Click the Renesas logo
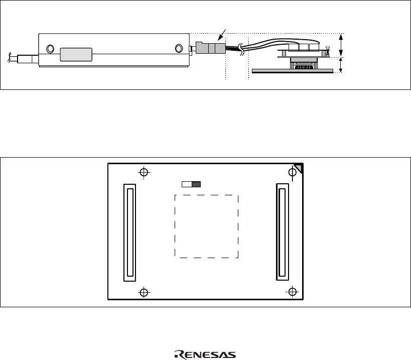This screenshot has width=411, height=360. (x=205, y=355)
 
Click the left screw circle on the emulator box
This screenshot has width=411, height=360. (x=50, y=49)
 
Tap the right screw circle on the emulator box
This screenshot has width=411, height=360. (x=179, y=48)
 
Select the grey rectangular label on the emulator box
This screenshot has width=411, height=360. (x=76, y=55)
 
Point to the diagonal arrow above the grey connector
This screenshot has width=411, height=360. (x=221, y=35)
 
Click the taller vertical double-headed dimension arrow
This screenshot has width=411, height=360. (x=341, y=45)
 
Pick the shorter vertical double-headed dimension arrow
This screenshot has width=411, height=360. (x=341, y=65)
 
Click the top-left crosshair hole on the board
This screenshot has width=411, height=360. (x=144, y=172)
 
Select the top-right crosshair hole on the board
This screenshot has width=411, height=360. (x=292, y=172)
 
